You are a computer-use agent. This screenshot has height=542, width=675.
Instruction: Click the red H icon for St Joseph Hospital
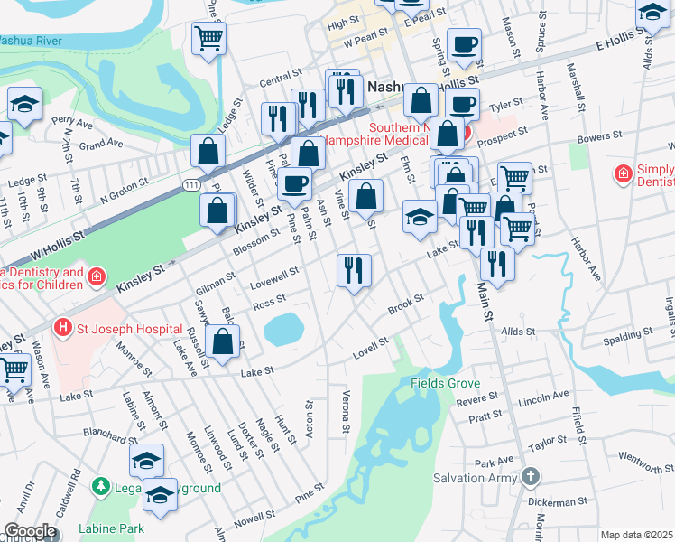(63, 326)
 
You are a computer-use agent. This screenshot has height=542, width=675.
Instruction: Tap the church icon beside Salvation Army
(531, 476)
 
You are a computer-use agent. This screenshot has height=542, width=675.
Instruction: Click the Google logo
(30, 531)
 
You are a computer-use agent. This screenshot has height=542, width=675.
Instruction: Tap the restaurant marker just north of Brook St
(353, 269)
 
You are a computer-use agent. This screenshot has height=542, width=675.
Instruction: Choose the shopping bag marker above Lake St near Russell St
(223, 342)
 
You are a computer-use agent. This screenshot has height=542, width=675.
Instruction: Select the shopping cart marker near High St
(208, 38)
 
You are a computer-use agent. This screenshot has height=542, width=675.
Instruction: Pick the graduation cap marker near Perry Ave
(24, 103)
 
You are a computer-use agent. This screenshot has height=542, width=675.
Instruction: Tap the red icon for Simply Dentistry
(623, 173)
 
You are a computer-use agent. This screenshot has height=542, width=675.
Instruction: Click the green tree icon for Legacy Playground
(100, 487)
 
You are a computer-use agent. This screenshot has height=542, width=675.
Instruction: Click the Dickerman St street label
(557, 500)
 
